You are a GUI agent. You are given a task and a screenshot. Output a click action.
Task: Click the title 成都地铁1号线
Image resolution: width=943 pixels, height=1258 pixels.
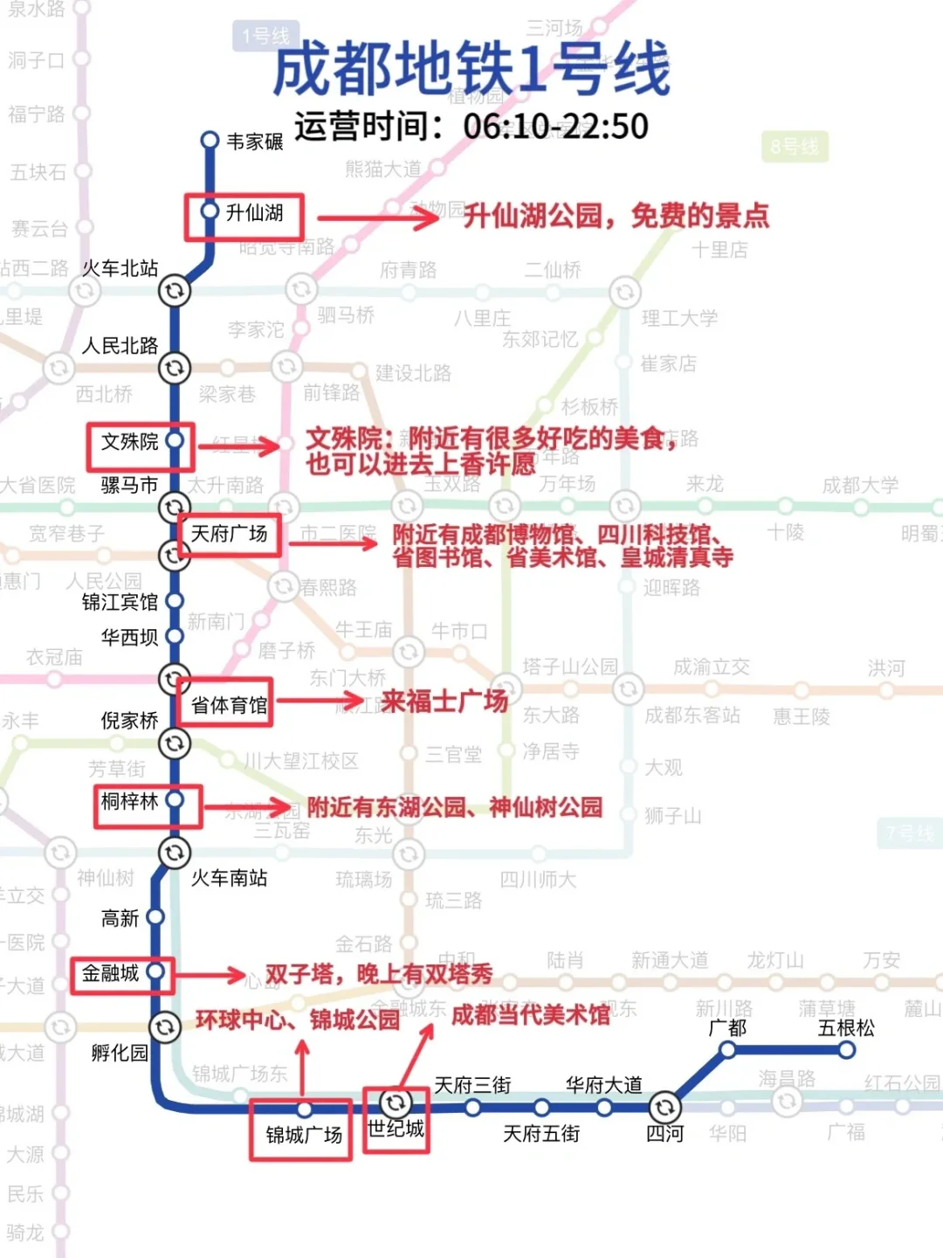(x=471, y=70)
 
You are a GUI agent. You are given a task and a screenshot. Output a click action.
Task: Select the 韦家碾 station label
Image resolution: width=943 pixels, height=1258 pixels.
(x=255, y=142)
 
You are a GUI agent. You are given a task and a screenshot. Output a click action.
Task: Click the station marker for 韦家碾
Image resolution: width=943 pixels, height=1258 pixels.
(x=210, y=141)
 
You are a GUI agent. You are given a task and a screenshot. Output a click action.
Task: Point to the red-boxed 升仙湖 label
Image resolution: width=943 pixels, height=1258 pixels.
(x=254, y=213)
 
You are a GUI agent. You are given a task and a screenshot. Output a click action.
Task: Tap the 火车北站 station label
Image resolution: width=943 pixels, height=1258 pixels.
(x=120, y=269)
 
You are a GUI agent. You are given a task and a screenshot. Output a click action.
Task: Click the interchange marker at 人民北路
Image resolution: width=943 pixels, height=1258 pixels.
(x=175, y=368)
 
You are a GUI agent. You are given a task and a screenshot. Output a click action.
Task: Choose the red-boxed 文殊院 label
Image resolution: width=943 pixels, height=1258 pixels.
(x=129, y=442)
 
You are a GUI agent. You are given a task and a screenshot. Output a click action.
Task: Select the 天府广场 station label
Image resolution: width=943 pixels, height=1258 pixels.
(x=229, y=534)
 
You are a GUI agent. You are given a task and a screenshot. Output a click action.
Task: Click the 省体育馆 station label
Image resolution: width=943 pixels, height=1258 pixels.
(x=229, y=705)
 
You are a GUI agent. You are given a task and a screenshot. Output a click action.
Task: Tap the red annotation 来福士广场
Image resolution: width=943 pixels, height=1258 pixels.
(x=444, y=701)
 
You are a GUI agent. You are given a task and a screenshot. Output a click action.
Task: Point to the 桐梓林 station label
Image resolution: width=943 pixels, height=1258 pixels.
(x=129, y=802)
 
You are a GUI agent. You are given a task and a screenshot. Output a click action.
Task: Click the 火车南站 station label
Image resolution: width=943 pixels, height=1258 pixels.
(x=229, y=878)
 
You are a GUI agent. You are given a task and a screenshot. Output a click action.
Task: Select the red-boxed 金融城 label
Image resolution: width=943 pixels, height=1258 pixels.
(x=110, y=973)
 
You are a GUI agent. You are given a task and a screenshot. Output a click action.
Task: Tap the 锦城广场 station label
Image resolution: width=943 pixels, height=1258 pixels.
(x=304, y=1135)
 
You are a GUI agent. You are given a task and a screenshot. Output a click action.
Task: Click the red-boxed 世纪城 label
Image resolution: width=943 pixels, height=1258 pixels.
(x=396, y=1129)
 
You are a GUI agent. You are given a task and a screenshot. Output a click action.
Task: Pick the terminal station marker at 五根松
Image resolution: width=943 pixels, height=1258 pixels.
(x=846, y=1050)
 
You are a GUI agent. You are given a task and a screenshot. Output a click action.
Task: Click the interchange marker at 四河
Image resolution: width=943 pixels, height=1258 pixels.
(x=664, y=1108)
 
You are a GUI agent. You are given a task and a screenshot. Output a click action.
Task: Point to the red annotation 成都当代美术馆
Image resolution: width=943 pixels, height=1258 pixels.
(x=531, y=1015)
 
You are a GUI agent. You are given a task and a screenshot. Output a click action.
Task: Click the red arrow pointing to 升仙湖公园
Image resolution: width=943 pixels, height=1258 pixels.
(x=377, y=218)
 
